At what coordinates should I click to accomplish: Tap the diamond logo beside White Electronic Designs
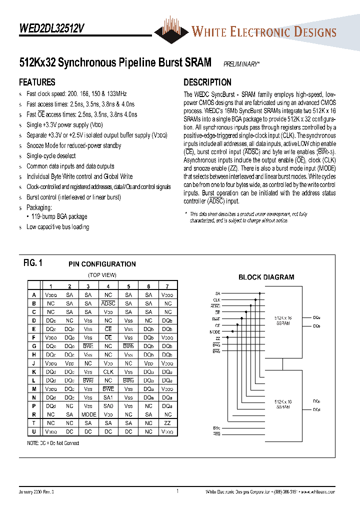click(x=171, y=30)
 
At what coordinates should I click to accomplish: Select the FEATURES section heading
click(x=37, y=82)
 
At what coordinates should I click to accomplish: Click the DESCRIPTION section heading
click(x=207, y=82)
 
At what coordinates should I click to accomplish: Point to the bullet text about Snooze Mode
click(x=73, y=145)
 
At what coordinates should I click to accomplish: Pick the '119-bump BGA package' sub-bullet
click(x=59, y=216)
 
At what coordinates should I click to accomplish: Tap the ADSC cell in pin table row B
click(x=108, y=303)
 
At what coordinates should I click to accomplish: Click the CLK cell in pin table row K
click(x=108, y=372)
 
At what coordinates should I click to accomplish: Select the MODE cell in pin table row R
click(x=88, y=414)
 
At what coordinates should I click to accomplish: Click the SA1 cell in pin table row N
click(x=108, y=397)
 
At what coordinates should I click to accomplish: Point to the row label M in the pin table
click(x=34, y=389)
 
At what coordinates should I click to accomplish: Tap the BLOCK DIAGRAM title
click(x=266, y=277)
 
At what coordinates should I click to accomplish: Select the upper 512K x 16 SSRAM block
click(x=282, y=320)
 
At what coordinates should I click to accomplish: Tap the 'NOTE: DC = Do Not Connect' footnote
click(x=53, y=443)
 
